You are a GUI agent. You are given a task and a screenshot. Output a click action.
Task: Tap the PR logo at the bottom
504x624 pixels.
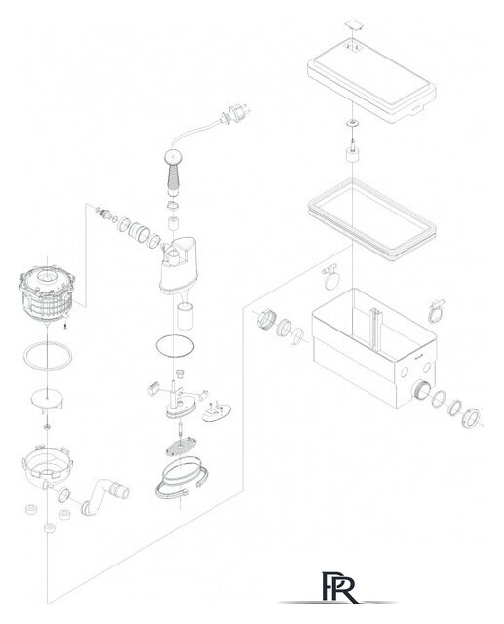[338, 587]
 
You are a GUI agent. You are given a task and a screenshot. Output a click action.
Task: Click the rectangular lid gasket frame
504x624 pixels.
[372, 219]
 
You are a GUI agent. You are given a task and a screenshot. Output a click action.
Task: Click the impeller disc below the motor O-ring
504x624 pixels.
[47, 400]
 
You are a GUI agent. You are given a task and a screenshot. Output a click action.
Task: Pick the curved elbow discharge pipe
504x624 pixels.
[104, 494]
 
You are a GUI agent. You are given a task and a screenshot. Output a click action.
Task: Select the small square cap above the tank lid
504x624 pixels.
[354, 24]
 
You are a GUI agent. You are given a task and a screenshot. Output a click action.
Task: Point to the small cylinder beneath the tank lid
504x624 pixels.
[353, 154]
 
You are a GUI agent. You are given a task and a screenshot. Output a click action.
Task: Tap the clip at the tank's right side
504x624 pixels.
[436, 311]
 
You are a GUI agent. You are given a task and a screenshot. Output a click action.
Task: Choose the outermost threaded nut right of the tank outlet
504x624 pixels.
[471, 418]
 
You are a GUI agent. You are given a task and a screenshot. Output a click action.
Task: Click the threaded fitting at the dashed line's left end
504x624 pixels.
[266, 320]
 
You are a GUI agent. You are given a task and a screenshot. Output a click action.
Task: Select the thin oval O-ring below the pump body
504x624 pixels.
[175, 346]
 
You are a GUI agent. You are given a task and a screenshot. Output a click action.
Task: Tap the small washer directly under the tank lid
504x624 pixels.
[353, 123]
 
